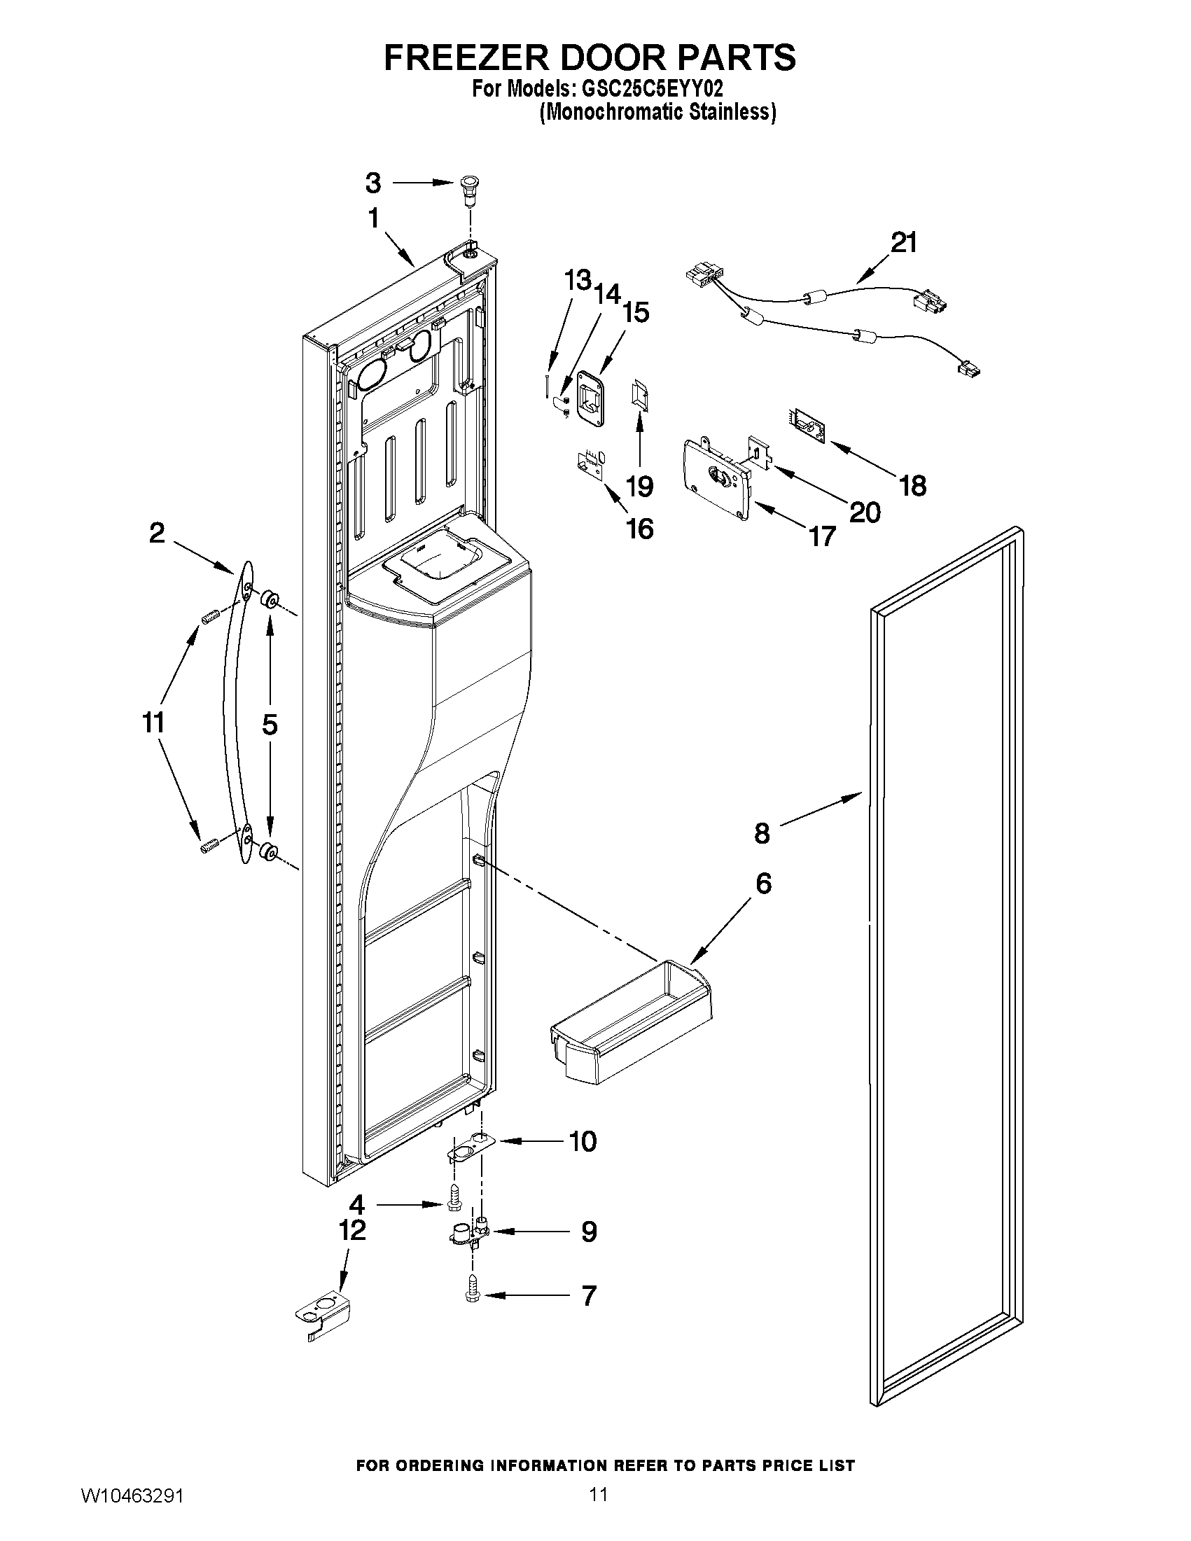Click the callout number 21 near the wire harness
coord(903,243)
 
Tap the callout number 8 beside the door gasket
coord(762,834)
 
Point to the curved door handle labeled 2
coord(237,713)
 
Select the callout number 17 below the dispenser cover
coord(822,536)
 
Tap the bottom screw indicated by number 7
coord(472,1295)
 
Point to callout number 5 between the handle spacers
coord(270,725)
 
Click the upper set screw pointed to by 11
coord(208,618)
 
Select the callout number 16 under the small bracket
coord(640,529)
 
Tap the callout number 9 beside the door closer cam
coord(588,1232)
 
